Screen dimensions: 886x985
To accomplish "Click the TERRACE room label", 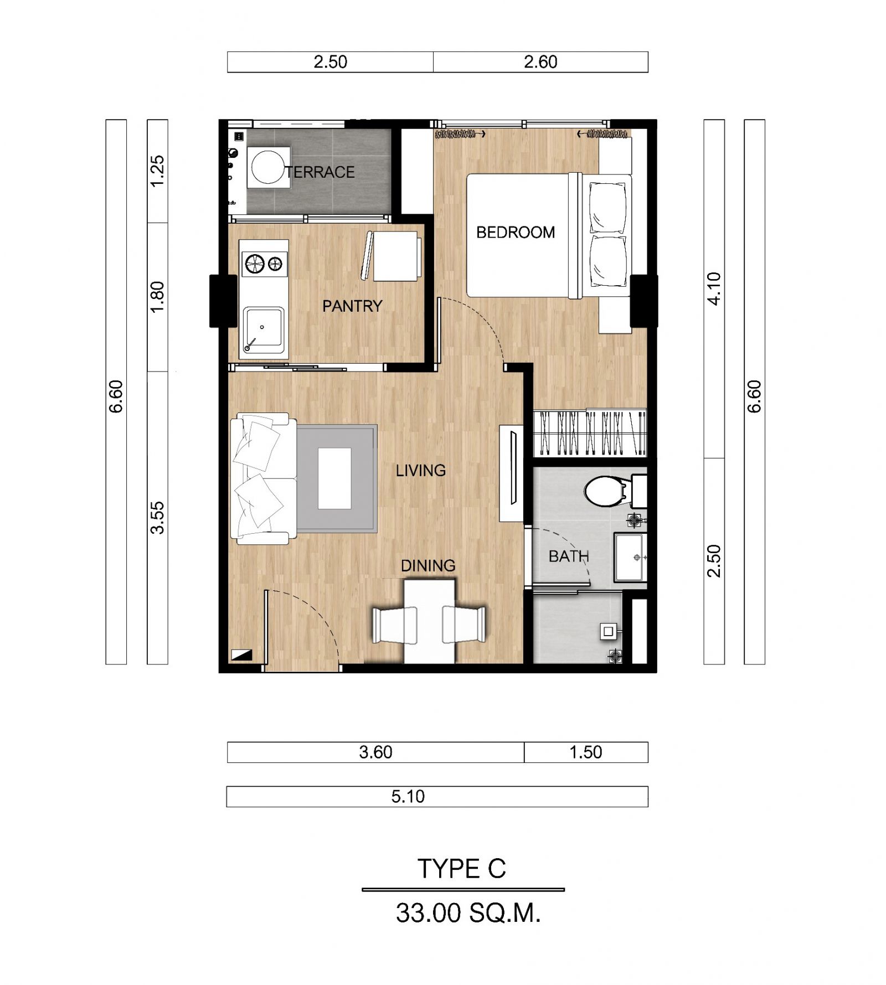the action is [320, 172].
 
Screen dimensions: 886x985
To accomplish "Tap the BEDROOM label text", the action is [516, 233].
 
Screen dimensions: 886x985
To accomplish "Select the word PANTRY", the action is [352, 306].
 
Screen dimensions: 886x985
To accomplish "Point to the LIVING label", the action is [421, 471].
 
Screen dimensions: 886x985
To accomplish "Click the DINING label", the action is [428, 566].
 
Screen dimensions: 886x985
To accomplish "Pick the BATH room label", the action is [569, 556].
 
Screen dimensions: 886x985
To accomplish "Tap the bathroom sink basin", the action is [630, 557].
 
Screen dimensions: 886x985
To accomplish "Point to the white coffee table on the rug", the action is [334, 478].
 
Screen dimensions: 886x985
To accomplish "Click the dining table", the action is [430, 621].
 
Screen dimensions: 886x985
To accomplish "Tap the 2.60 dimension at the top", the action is [540, 62].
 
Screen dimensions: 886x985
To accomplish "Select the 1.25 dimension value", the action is [158, 171].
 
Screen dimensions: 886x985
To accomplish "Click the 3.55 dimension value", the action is [158, 518].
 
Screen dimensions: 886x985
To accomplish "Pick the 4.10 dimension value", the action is [714, 288].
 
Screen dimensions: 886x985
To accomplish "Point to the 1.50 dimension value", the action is [586, 752].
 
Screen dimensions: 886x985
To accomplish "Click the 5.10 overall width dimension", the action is [408, 797].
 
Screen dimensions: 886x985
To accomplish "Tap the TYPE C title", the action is [462, 869].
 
